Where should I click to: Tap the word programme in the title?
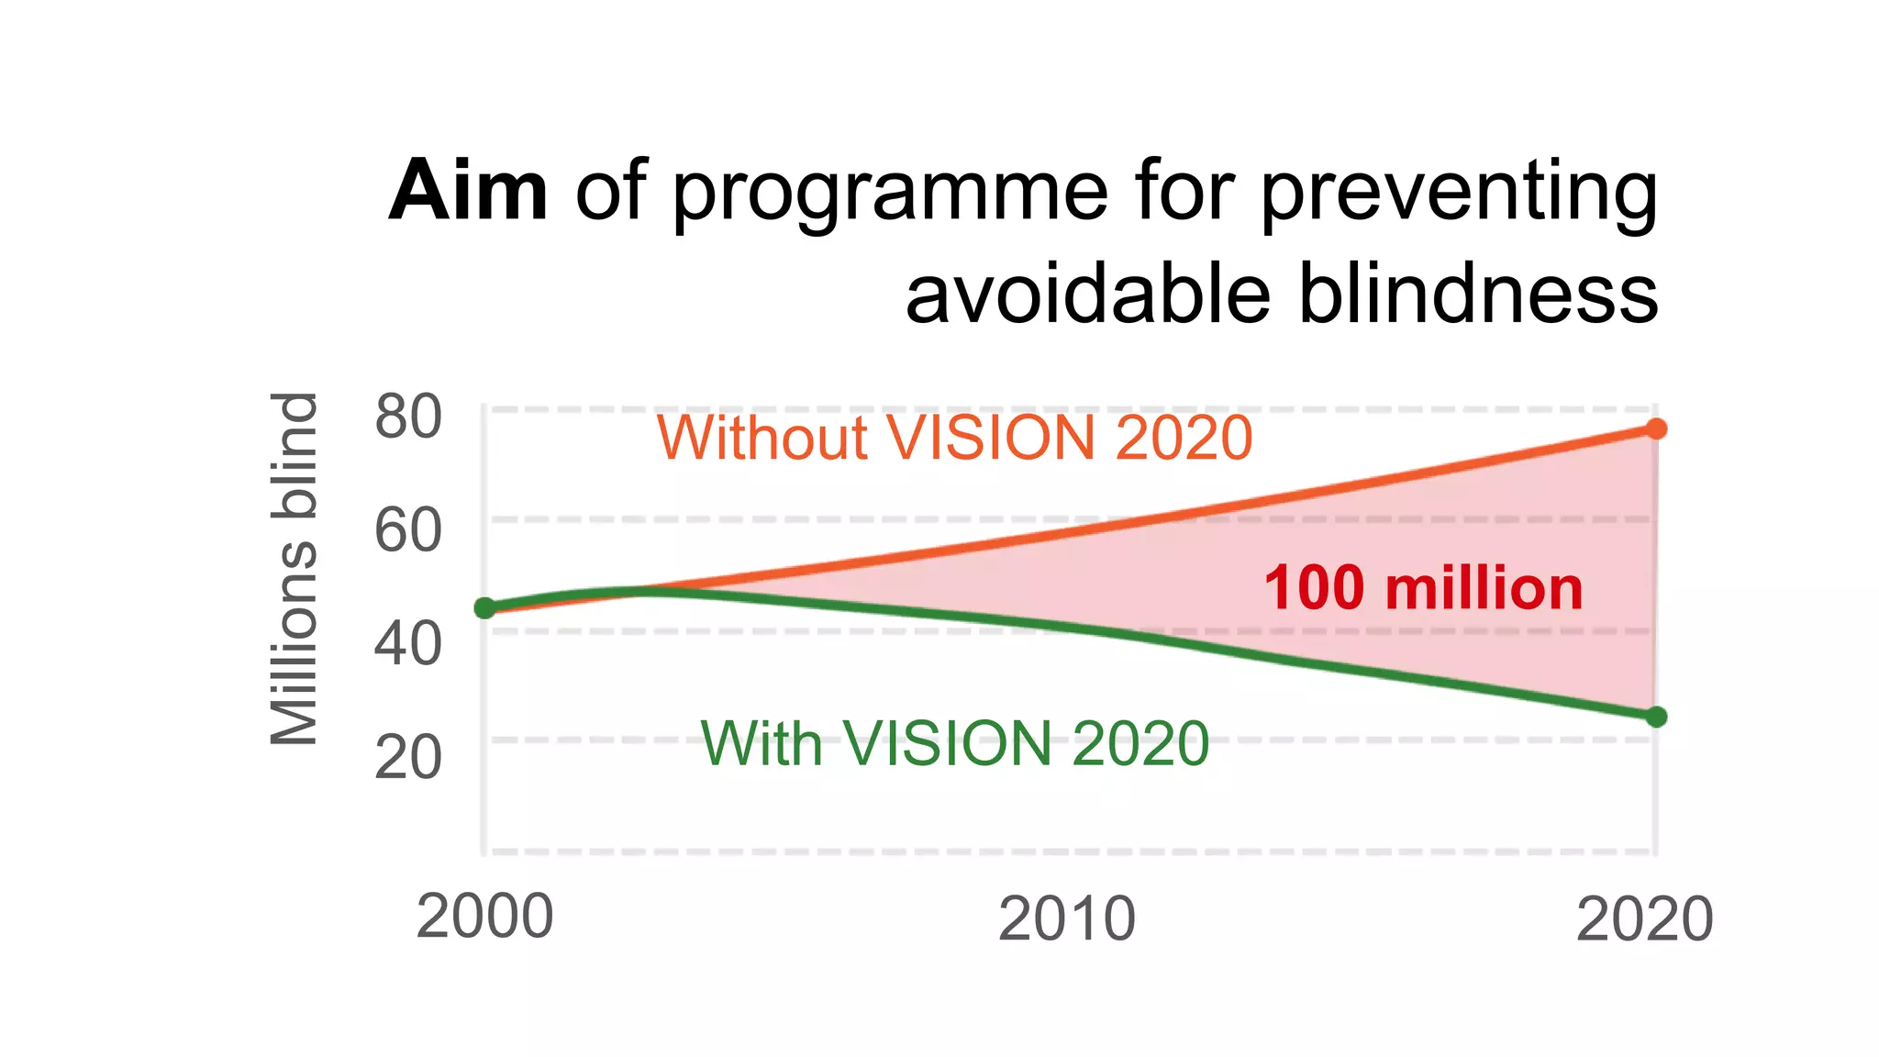click(x=890, y=195)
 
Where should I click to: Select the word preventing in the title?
click(x=1459, y=195)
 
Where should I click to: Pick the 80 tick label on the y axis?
click(x=408, y=417)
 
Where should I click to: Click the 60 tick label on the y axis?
click(x=408, y=530)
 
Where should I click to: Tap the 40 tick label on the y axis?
click(x=408, y=643)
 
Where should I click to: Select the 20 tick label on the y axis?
click(x=408, y=757)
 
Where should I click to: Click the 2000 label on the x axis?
click(x=484, y=917)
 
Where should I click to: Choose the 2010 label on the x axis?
click(x=1066, y=918)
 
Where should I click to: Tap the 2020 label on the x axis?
click(x=1644, y=918)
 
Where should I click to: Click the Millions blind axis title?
click(x=295, y=569)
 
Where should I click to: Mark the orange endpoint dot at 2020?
click(x=1656, y=428)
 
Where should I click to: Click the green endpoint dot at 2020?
click(x=1656, y=717)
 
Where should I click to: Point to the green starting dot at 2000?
click(x=484, y=607)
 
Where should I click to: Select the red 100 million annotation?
click(x=1423, y=588)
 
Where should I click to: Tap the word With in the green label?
click(x=762, y=742)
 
